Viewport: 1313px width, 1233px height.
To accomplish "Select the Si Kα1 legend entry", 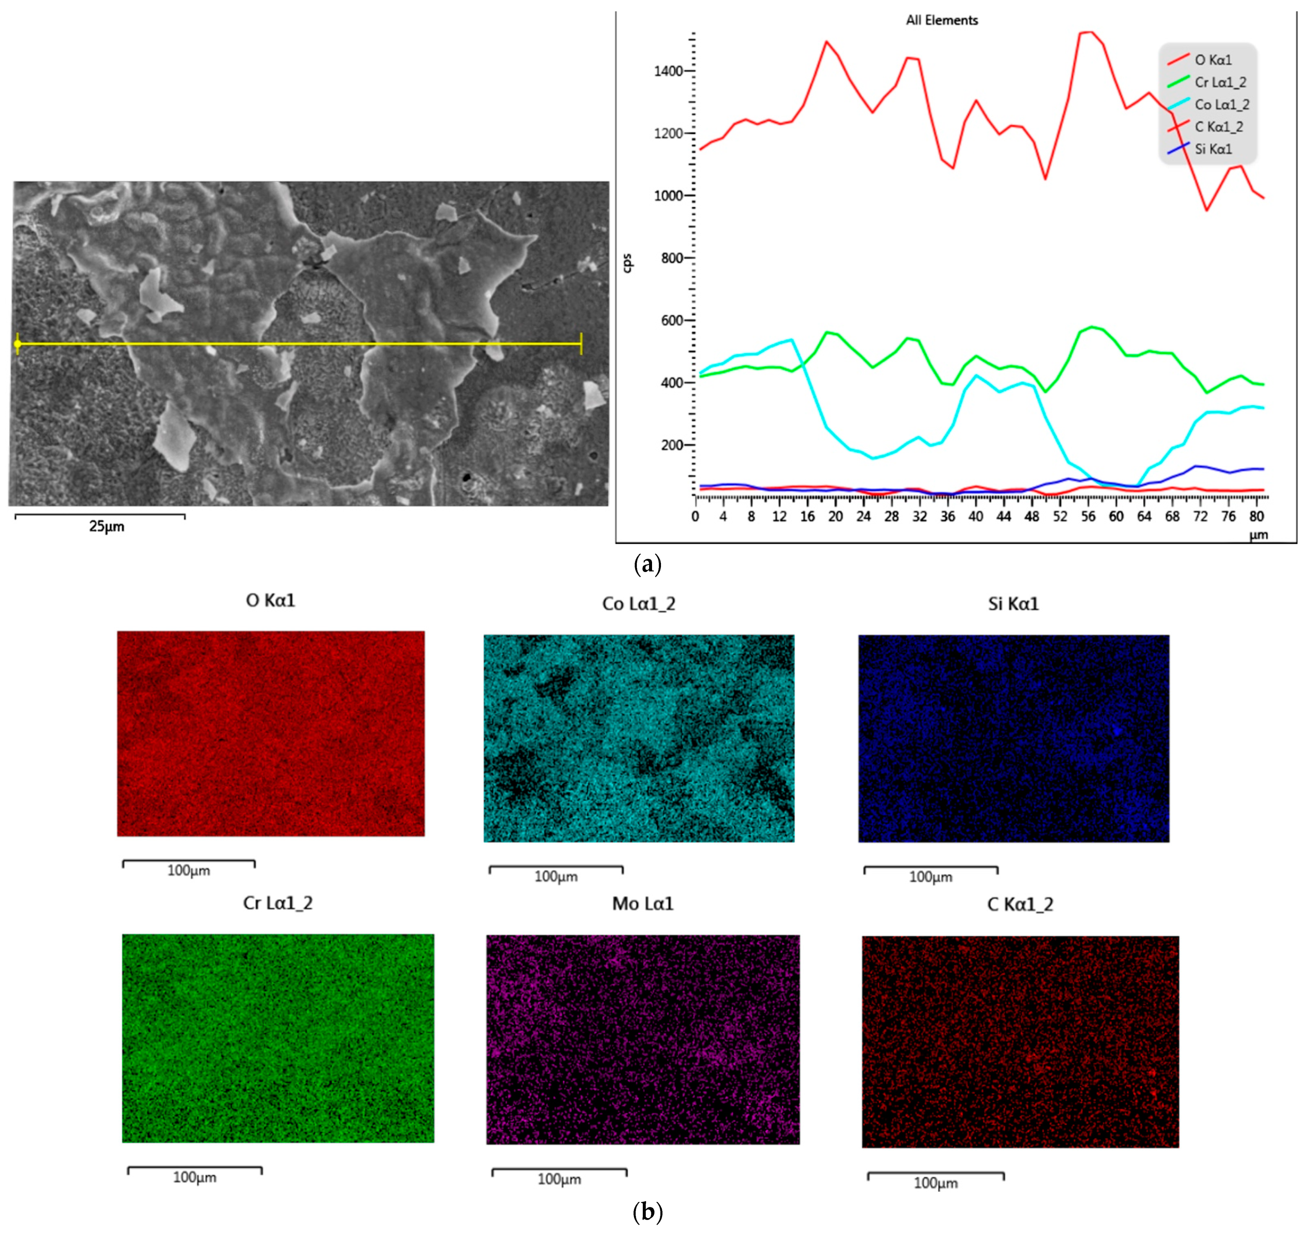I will [x=1212, y=149].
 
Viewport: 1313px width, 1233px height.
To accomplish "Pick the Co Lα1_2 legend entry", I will [x=1221, y=104].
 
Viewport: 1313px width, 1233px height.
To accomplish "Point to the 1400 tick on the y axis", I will [x=668, y=71].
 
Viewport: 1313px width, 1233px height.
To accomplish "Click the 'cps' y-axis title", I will [x=627, y=263].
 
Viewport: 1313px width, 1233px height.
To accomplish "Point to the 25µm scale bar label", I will [x=106, y=527].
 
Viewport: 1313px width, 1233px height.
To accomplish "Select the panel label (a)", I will [x=646, y=564].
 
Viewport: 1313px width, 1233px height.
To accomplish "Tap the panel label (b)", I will [x=646, y=1212].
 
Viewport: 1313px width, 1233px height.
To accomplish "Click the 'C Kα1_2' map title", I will [x=1020, y=904].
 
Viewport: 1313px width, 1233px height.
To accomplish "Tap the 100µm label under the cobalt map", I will [x=556, y=876].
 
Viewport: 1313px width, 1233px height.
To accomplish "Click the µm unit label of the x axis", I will [x=1258, y=535].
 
